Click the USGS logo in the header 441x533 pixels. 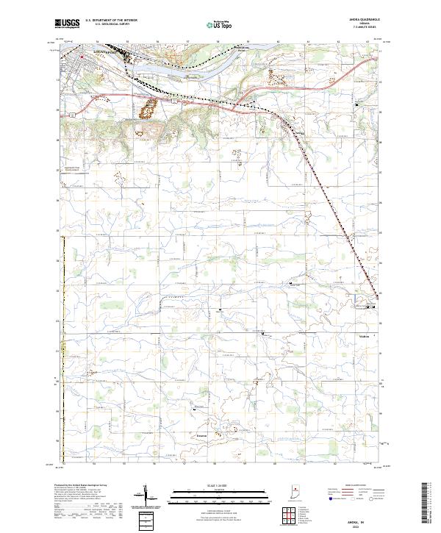(65, 24)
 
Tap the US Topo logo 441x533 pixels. (215, 24)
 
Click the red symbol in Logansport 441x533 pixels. (82, 54)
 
